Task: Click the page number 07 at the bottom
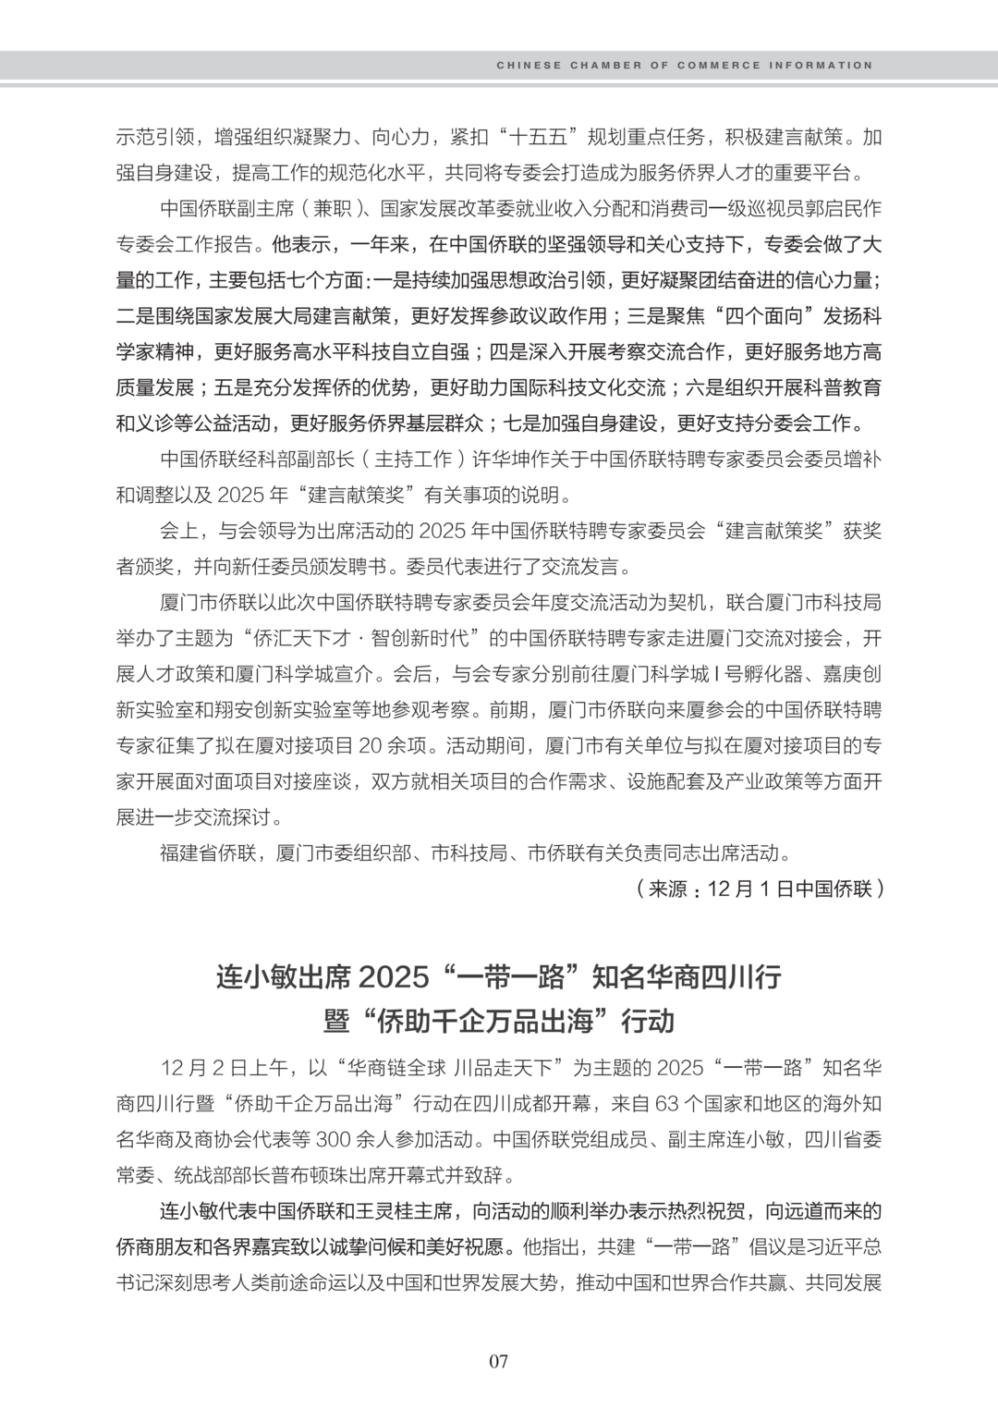(499, 1360)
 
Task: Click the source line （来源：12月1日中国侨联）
(760, 889)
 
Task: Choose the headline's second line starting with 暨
(499, 1021)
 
